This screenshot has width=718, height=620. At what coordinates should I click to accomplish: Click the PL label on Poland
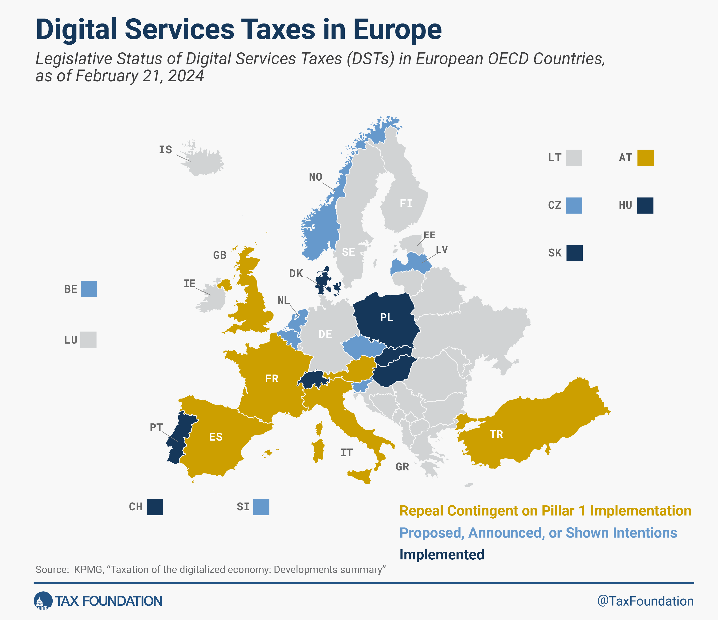coord(386,317)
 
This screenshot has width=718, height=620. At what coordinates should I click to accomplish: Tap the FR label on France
coord(272,379)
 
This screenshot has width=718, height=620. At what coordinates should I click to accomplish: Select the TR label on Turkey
coord(496,434)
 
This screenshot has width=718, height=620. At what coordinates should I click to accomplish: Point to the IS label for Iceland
coord(165,150)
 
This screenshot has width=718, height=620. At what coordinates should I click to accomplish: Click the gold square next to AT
coord(645,158)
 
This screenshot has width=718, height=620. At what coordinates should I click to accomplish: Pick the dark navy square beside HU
coord(645,205)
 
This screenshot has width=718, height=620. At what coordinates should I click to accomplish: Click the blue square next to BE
coord(89,289)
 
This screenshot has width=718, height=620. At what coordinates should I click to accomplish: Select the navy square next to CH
coord(155,507)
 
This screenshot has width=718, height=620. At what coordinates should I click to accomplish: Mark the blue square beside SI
coord(261,507)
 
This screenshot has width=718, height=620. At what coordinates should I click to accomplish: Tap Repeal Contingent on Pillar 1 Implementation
coord(545,511)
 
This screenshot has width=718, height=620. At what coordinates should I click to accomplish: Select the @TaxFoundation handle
coord(645,601)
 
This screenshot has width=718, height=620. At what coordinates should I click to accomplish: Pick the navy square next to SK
coord(574,253)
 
